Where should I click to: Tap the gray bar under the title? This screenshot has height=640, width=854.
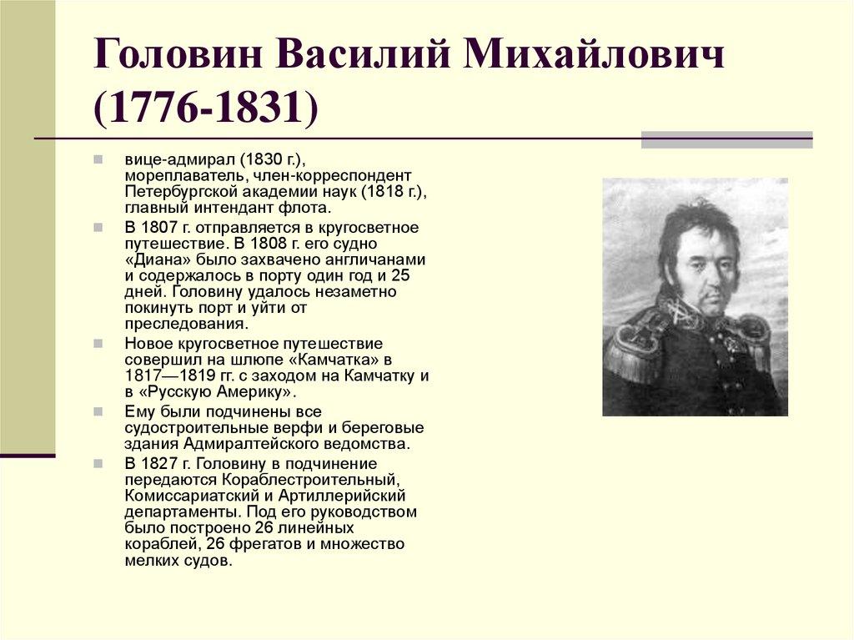pos(726,139)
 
